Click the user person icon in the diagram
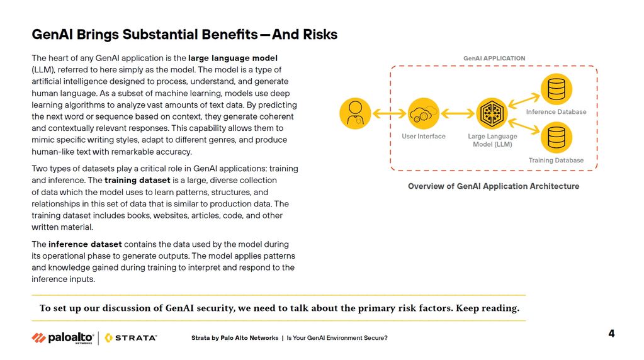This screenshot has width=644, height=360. click(355, 113)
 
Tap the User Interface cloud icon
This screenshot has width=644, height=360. click(423, 113)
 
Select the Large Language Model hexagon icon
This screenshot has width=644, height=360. click(492, 113)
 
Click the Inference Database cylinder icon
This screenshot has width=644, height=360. click(556, 89)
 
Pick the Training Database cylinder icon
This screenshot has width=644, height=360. click(556, 138)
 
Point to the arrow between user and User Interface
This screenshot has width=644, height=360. click(389, 113)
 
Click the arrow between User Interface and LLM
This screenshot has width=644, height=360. click(457, 113)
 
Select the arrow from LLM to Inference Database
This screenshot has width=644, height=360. click(524, 101)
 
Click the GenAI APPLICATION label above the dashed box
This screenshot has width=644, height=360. click(494, 59)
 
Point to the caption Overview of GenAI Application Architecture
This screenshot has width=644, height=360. click(494, 186)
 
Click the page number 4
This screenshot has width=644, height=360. click(611, 334)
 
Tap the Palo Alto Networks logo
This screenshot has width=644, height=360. click(63, 338)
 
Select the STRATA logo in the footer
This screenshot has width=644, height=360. click(131, 338)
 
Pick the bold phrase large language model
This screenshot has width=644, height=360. click(233, 59)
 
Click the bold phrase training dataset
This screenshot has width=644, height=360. click(137, 180)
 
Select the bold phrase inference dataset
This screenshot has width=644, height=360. click(85, 244)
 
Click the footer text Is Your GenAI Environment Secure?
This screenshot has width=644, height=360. click(337, 338)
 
